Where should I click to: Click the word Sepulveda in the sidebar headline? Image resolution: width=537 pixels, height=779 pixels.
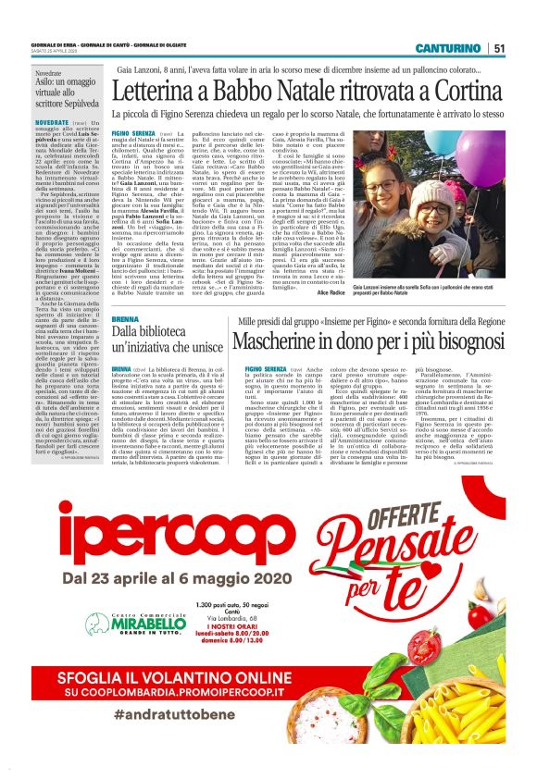76,103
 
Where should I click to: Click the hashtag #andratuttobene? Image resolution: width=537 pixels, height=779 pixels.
176,714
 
